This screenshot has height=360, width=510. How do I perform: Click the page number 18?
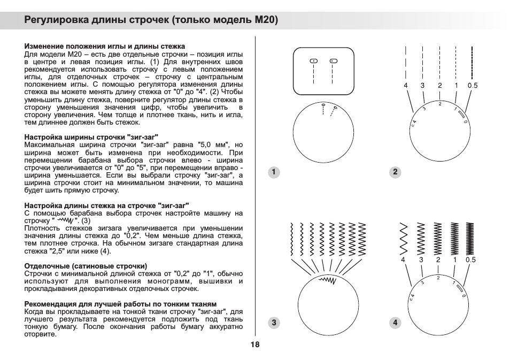pos(254,344)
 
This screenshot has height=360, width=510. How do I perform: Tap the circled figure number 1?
pos(273,172)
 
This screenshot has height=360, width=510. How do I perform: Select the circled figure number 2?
pos(395,172)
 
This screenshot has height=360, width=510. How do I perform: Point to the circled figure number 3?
pos(273,322)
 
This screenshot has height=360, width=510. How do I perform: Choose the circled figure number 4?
pos(395,322)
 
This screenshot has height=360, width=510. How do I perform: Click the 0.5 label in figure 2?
pos(472,86)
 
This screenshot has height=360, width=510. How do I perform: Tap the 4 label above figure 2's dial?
pos(406,86)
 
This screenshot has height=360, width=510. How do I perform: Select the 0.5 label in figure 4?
pos(470,260)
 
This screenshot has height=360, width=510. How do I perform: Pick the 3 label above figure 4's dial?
pos(421,260)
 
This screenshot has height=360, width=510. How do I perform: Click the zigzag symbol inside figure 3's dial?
pos(326,280)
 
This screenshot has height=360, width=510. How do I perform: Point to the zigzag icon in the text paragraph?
pos(65,220)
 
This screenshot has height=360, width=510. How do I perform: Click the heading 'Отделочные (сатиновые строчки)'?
pos(86,266)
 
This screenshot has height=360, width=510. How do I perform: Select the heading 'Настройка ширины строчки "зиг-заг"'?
pos(91,137)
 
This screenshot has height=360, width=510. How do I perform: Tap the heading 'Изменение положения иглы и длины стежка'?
pos(105,47)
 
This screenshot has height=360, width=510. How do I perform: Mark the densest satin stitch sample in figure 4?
pos(470,238)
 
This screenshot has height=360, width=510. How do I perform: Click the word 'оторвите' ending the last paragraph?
pos(41,334)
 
